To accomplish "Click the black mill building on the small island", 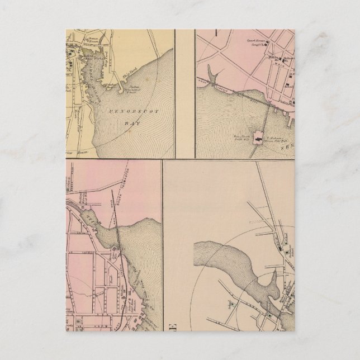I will [258, 135].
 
